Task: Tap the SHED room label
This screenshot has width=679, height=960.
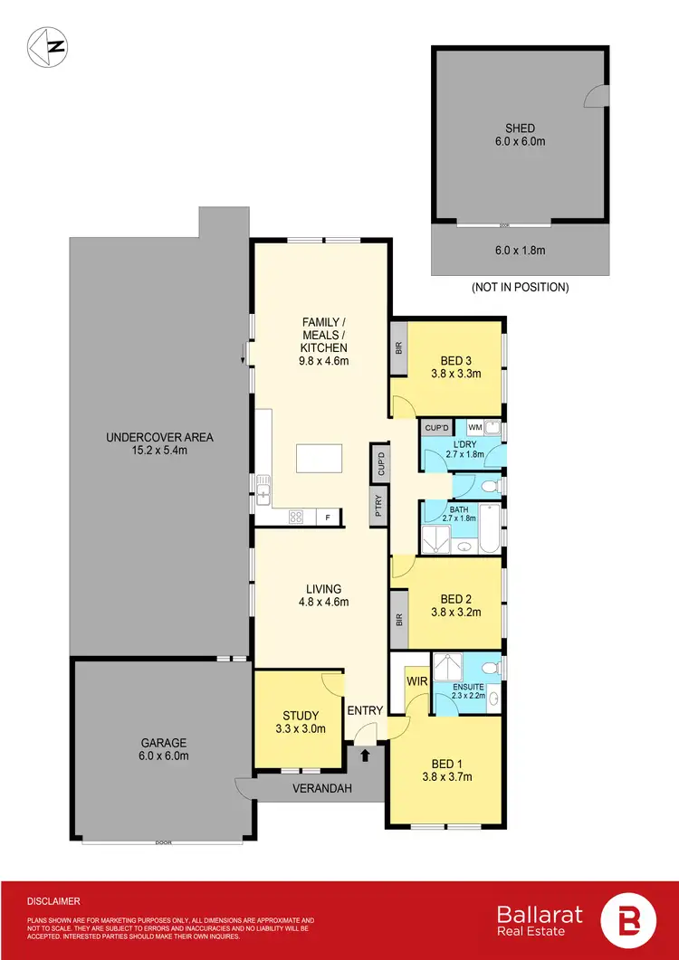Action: (519, 128)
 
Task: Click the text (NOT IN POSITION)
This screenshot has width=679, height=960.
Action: (520, 288)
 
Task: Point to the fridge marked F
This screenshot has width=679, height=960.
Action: (327, 518)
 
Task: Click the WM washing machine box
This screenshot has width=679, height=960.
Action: (474, 428)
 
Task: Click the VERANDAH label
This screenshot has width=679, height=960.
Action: (321, 788)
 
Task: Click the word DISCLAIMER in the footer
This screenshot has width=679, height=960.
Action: (54, 901)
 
